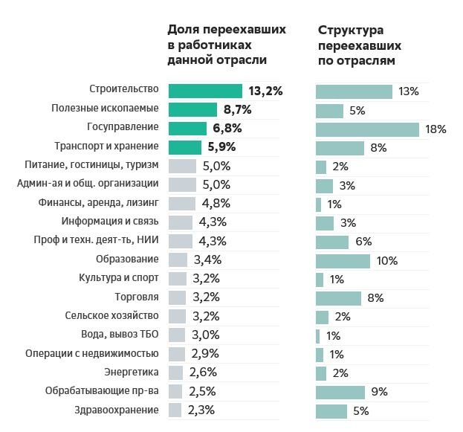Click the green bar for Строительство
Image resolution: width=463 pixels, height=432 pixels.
(x=205, y=91)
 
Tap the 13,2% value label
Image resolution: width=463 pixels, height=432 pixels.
(x=266, y=91)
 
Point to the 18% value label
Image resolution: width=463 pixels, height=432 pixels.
(x=436, y=129)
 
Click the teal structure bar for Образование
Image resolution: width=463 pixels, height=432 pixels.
(x=343, y=260)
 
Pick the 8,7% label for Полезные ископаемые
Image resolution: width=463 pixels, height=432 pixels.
(x=238, y=110)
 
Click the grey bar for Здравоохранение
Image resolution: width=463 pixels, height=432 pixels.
(x=175, y=410)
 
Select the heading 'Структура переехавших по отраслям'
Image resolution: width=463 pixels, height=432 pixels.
(x=356, y=45)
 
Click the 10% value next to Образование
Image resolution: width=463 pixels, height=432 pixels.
(x=386, y=260)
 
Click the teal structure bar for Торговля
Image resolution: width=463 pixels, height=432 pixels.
(x=338, y=298)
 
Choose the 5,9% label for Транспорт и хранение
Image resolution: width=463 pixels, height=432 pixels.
(x=221, y=147)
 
